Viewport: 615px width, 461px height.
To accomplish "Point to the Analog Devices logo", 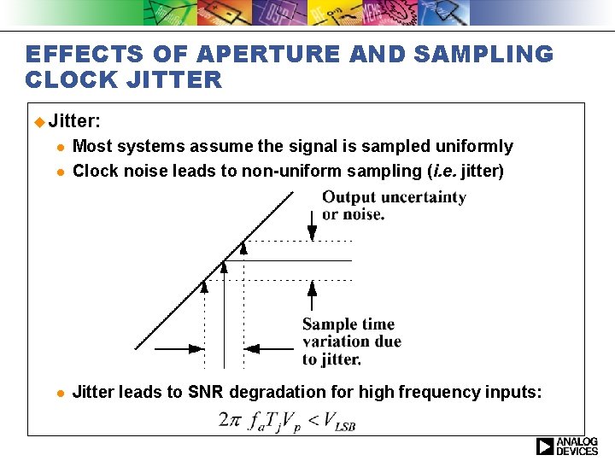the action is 567,446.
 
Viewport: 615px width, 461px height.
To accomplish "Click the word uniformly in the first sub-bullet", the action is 472,146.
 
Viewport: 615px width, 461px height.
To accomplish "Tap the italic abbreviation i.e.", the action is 443,171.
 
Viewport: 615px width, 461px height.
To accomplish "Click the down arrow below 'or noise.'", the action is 313,231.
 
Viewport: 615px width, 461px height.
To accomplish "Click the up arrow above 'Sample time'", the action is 312,294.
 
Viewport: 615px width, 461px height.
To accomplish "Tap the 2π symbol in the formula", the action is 230,419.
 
